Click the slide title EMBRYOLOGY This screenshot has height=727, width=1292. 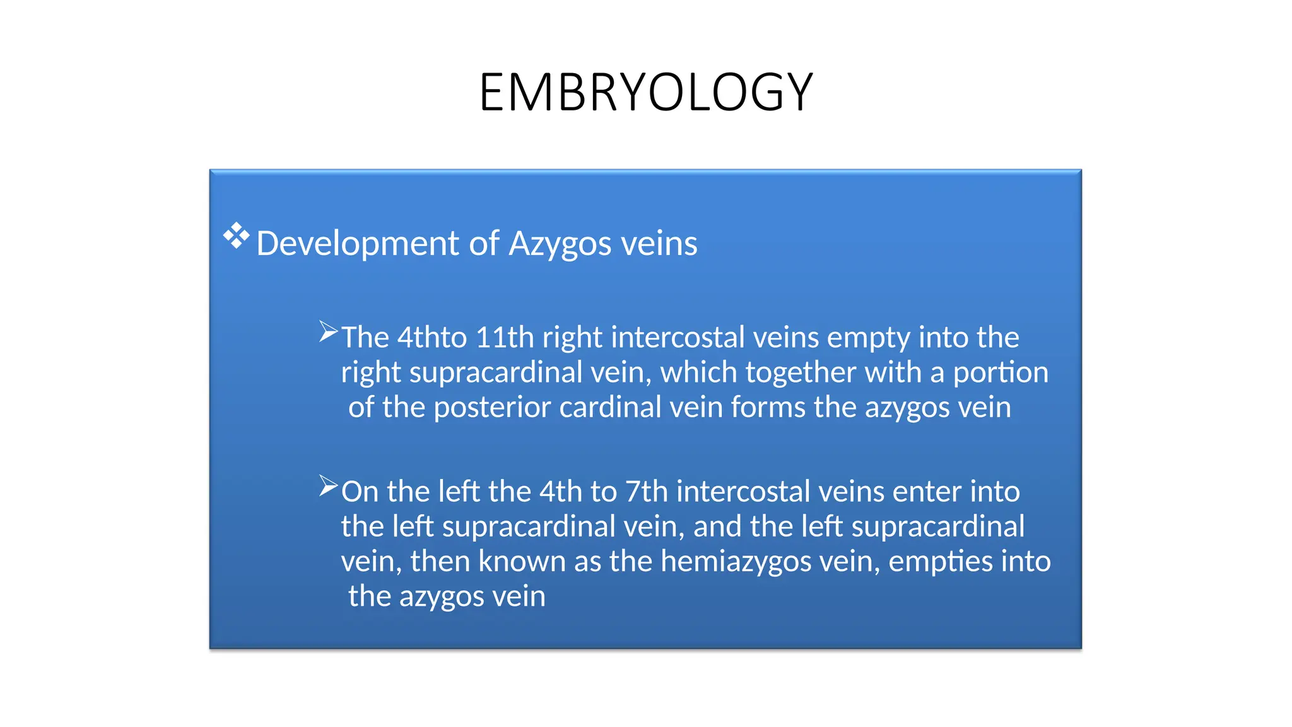[x=646, y=93]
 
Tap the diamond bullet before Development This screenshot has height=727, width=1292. [x=236, y=235]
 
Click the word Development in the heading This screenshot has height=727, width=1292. [x=357, y=244]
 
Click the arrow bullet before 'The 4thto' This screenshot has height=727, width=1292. [x=328, y=331]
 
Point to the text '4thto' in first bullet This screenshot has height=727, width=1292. [x=432, y=338]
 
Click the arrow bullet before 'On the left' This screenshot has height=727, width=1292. [x=328, y=486]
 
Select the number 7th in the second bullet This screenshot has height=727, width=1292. [x=646, y=492]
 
